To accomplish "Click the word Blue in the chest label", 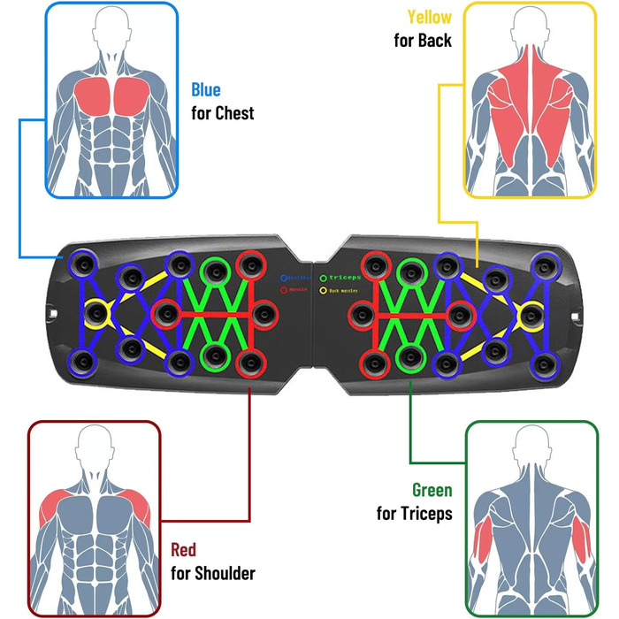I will tap(206, 90).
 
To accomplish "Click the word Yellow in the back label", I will tap(429, 18).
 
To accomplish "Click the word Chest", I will tap(234, 113).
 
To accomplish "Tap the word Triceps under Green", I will tap(425, 513).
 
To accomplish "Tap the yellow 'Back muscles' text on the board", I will tap(345, 290).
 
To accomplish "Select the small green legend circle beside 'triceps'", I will tap(324, 277).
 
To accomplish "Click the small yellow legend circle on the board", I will tap(324, 290).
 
